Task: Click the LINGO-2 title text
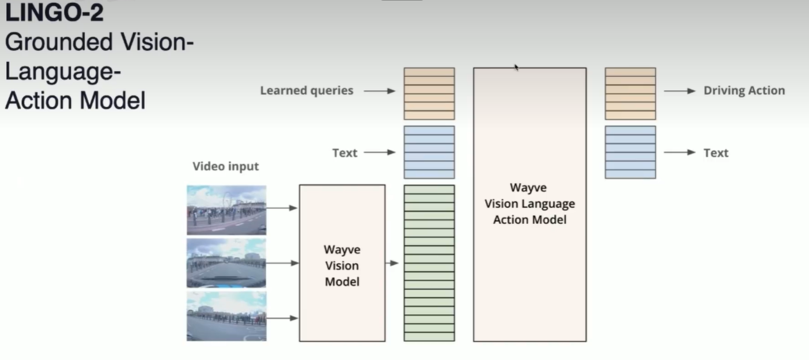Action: coord(55,13)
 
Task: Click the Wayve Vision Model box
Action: coord(342,263)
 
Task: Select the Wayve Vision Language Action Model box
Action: coord(530,204)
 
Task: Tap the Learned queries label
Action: coord(307,90)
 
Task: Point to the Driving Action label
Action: coord(744,90)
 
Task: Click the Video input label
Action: coord(225,166)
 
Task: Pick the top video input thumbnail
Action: coord(226,210)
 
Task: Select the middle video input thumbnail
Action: coord(226,263)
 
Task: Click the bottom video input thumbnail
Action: coord(226,316)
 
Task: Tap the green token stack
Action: coord(429,263)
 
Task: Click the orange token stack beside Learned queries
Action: coord(429,93)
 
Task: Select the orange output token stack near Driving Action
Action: coord(630,93)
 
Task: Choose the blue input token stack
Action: coord(429,152)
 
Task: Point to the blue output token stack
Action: coord(630,152)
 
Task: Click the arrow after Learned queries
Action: coord(380,91)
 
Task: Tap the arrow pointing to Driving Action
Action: coord(679,91)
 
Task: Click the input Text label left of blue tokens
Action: coord(345,153)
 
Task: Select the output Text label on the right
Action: coord(716,153)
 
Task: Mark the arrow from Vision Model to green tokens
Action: coord(392,263)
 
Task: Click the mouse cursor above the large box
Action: coord(516,67)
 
